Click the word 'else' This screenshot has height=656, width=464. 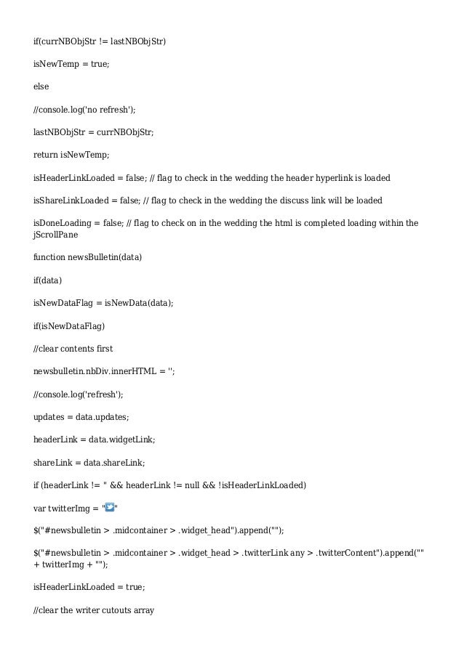coord(41,86)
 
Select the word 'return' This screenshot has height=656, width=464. coord(45,155)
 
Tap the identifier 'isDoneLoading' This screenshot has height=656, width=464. coord(64,223)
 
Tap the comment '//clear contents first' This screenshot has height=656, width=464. coord(73,348)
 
